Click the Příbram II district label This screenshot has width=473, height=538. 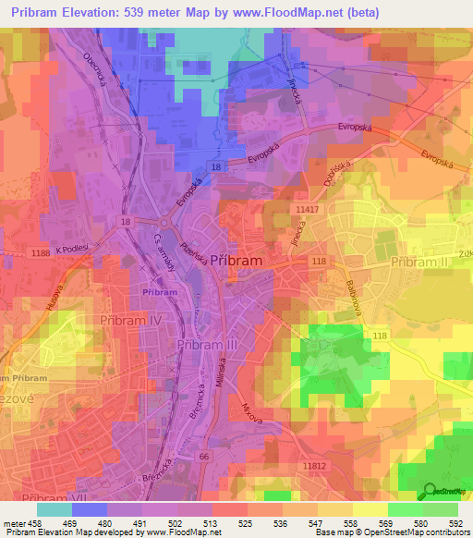(x=420, y=263)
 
